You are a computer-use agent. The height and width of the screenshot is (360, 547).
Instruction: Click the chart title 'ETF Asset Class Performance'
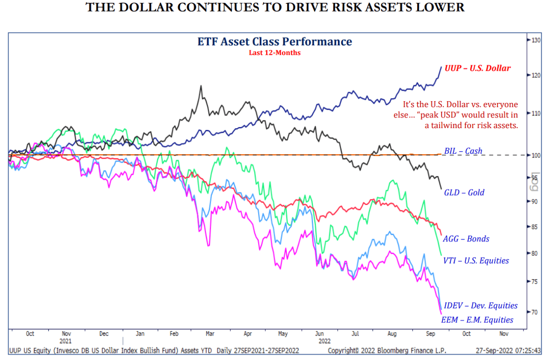pyautogui.click(x=274, y=42)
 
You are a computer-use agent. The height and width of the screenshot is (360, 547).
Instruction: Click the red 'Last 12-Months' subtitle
pyautogui.click(x=274, y=53)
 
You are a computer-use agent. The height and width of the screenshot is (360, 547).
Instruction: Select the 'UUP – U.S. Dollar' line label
pyautogui.click(x=477, y=68)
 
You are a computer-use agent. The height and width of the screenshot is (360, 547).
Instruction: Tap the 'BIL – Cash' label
pyautogui.click(x=463, y=151)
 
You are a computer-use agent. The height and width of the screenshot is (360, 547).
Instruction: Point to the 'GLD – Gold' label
pyautogui.click(x=464, y=193)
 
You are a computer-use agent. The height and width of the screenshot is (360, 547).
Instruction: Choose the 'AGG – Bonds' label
pyautogui.click(x=466, y=239)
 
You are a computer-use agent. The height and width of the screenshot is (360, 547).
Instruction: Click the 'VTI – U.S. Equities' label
pyautogui.click(x=476, y=260)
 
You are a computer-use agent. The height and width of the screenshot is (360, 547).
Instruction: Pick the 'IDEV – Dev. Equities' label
pyautogui.click(x=480, y=306)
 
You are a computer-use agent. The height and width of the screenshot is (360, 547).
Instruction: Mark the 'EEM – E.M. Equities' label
pyautogui.click(x=477, y=320)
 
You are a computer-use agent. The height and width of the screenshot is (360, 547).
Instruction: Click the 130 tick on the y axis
pyautogui.click(x=535, y=40)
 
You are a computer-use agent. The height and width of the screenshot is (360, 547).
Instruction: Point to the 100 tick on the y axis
pyautogui.click(x=535, y=155)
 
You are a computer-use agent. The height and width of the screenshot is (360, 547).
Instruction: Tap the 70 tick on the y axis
pyautogui.click(x=534, y=312)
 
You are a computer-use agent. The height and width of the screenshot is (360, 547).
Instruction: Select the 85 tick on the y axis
pyautogui.click(x=534, y=227)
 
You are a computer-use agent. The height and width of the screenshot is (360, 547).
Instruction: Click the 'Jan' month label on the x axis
pyautogui.click(x=140, y=334)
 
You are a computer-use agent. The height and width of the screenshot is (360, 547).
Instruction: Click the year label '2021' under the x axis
pyautogui.click(x=66, y=341)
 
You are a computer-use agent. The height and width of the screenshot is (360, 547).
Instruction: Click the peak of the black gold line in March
pyautogui.click(x=200, y=86)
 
